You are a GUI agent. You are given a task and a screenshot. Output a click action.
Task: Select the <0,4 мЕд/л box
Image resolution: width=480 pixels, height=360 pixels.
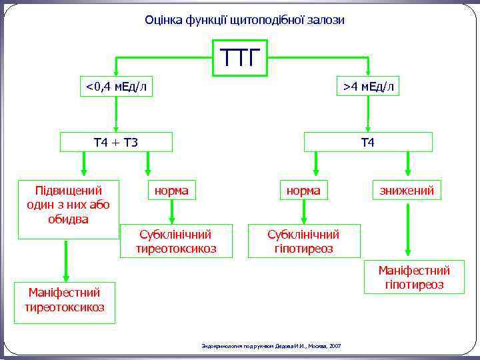tap(116, 86)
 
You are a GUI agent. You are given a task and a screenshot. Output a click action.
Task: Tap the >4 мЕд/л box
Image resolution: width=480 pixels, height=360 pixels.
tap(368, 86)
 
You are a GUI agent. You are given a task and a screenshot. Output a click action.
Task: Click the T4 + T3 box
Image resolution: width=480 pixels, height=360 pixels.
tap(116, 142)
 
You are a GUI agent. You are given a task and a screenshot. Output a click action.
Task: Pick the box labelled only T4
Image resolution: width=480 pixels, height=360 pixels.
tap(368, 142)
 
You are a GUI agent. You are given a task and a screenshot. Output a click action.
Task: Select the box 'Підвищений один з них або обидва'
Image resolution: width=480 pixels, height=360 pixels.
tap(69, 209)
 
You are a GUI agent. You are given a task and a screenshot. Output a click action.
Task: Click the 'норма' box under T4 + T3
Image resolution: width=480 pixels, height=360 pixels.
tap(171, 191)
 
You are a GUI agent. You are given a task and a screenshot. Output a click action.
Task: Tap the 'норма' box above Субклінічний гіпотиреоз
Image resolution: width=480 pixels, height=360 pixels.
tap(303, 191)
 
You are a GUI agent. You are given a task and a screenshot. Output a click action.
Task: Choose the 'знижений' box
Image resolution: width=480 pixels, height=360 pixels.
tap(407, 191)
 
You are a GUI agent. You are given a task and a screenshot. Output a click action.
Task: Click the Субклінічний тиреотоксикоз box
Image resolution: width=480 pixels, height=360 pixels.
tap(177, 241)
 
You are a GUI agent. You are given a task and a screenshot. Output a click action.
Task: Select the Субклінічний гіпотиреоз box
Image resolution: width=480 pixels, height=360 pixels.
tap(303, 241)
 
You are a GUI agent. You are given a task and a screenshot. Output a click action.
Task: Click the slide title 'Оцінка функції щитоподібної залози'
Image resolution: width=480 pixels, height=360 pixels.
tap(245, 20)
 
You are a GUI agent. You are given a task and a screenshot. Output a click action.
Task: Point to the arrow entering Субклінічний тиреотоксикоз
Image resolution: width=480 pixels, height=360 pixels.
tap(172, 212)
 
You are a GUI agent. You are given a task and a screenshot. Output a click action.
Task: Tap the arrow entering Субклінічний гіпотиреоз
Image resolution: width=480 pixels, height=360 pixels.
tap(304, 212)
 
